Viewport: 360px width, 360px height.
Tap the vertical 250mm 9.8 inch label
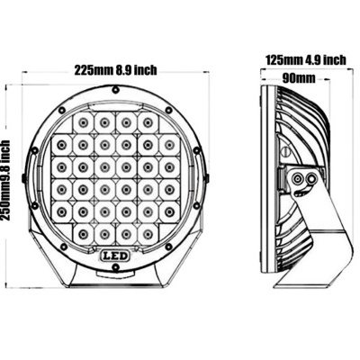7,181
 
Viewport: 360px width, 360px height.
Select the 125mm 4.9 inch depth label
305,60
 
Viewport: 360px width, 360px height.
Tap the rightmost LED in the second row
169,143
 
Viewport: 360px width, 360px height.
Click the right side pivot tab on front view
213,180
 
